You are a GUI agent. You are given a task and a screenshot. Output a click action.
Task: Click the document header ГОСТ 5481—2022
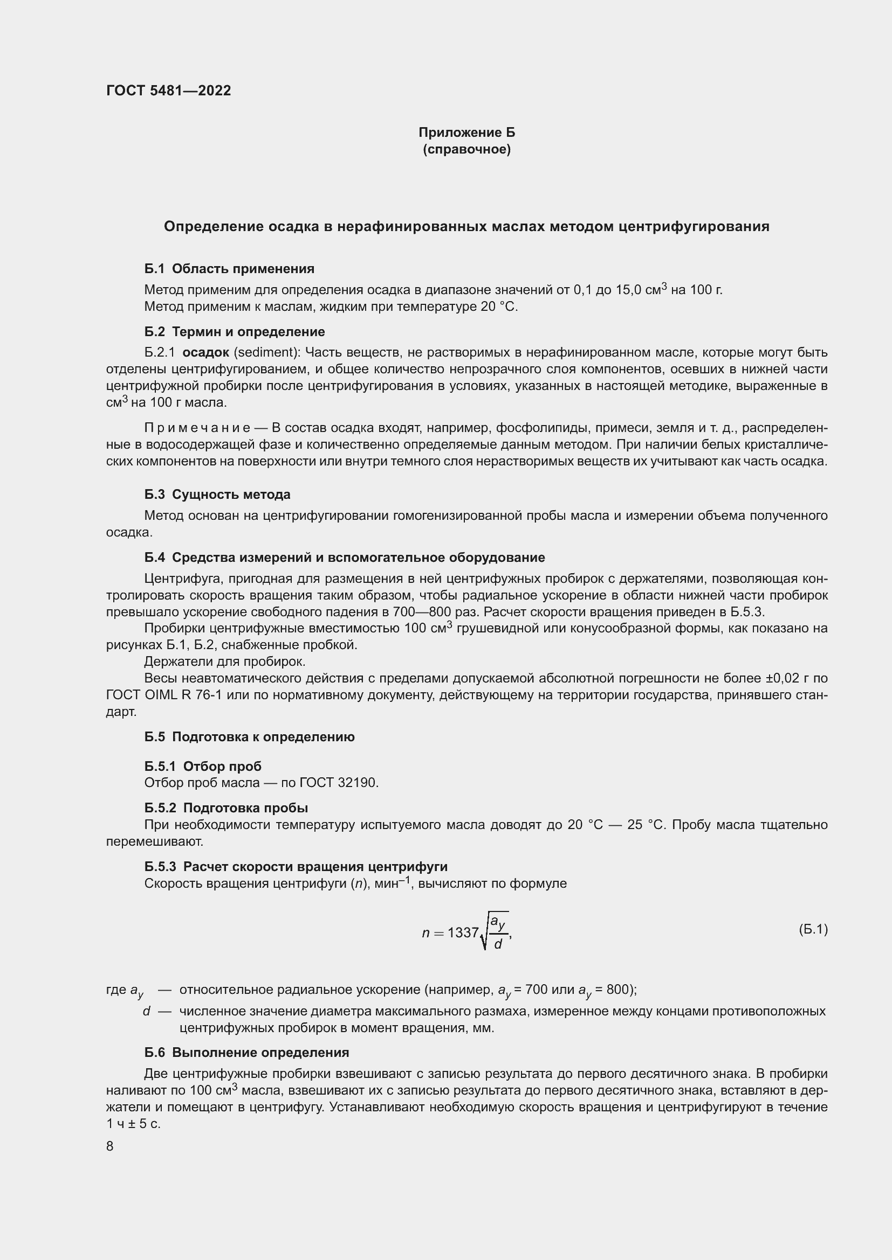(x=168, y=91)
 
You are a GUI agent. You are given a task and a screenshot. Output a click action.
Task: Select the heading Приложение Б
(x=466, y=133)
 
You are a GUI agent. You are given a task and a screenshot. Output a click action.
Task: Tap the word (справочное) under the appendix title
(x=466, y=149)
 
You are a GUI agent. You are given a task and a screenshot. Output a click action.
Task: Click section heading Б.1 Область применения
(x=229, y=269)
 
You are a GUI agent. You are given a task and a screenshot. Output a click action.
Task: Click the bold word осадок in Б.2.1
(x=205, y=352)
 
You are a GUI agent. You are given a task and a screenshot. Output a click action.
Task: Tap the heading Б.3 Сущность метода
(x=217, y=495)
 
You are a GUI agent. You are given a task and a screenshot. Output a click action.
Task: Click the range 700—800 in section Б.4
(x=416, y=612)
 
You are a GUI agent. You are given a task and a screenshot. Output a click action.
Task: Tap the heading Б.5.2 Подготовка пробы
(x=226, y=808)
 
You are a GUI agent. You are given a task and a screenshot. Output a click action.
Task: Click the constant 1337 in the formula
(x=463, y=932)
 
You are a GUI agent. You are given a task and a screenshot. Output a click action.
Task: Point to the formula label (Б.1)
(x=812, y=929)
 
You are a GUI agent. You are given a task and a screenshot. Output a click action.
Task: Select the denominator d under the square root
(x=498, y=944)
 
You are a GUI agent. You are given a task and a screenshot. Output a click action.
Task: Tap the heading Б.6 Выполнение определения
(x=246, y=1053)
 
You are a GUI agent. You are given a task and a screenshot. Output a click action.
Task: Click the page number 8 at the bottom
(x=110, y=1146)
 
